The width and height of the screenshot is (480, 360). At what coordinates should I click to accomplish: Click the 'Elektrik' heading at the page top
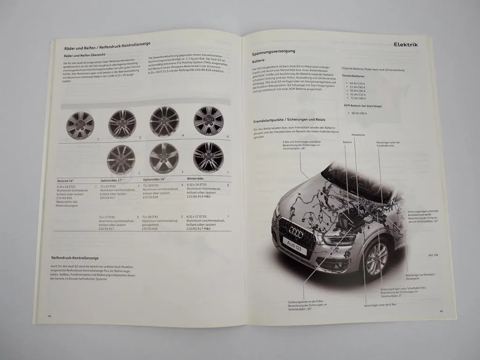[x=405, y=45]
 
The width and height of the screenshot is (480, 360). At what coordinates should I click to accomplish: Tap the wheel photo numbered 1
[x=80, y=125]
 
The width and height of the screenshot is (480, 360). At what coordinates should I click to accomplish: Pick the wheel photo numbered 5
[x=164, y=158]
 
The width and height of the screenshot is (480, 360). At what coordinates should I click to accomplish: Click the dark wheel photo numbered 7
[x=209, y=157]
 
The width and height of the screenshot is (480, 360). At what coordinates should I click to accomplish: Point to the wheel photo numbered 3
[x=121, y=159]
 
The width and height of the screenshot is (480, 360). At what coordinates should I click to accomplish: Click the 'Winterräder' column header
[x=198, y=179]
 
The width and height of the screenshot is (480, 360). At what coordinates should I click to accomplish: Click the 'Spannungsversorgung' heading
[x=274, y=53]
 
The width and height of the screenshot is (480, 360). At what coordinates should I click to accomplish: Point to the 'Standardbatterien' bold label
[x=355, y=75]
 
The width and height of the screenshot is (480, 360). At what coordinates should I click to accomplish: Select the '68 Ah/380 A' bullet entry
[x=359, y=113]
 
